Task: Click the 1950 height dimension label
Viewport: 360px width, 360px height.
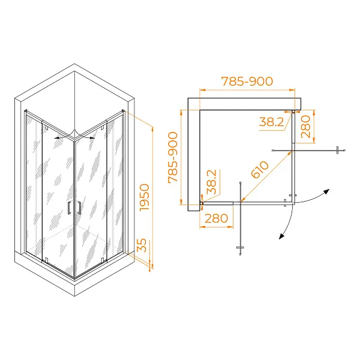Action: coord(145,197)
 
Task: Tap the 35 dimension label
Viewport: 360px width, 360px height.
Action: coord(142,245)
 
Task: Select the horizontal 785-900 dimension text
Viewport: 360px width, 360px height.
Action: coord(247,81)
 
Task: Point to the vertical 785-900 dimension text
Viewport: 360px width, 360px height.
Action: coord(173,157)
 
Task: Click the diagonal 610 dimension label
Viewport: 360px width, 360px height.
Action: coord(260,170)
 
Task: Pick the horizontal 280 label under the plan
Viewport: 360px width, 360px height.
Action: coord(216,218)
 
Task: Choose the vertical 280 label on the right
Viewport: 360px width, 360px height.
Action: coord(305,127)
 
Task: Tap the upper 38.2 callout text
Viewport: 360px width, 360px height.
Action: coord(272,122)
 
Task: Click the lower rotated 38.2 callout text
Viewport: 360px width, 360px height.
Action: coord(211,182)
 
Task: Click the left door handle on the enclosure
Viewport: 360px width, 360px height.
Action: coord(70,208)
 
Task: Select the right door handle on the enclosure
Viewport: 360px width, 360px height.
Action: coord(79,208)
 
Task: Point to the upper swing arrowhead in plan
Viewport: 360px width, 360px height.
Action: coord(326,191)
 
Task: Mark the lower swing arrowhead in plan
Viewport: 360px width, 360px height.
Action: coord(282,236)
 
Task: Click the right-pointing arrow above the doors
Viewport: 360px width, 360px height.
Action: coord(89,138)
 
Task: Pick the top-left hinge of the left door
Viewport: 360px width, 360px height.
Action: coord(46,128)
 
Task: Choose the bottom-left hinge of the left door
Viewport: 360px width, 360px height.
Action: coord(46,260)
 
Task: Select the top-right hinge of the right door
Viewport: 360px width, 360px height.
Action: coord(103,127)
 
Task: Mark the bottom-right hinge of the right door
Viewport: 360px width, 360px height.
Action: coord(103,260)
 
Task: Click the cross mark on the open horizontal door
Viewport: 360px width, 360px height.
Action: coord(337,150)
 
